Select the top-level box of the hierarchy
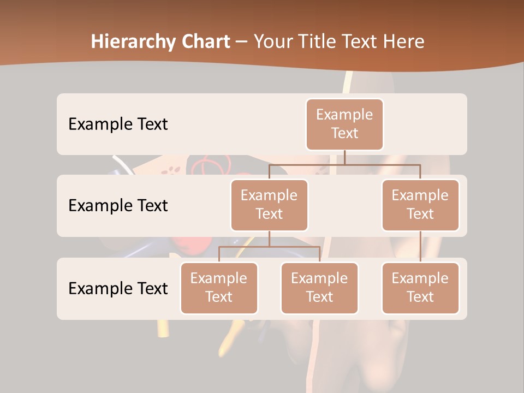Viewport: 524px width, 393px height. (x=344, y=124)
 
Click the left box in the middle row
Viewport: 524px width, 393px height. (x=269, y=205)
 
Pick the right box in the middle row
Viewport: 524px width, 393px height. (x=420, y=205)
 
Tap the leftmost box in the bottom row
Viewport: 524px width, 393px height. (x=219, y=288)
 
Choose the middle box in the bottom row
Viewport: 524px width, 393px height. (x=319, y=288)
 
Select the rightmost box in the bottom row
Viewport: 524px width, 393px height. (x=420, y=288)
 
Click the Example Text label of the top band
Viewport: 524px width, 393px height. (x=118, y=124)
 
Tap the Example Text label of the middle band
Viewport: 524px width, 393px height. (x=118, y=206)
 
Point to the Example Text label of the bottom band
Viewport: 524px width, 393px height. (x=118, y=288)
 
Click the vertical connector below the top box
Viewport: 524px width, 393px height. (x=344, y=157)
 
